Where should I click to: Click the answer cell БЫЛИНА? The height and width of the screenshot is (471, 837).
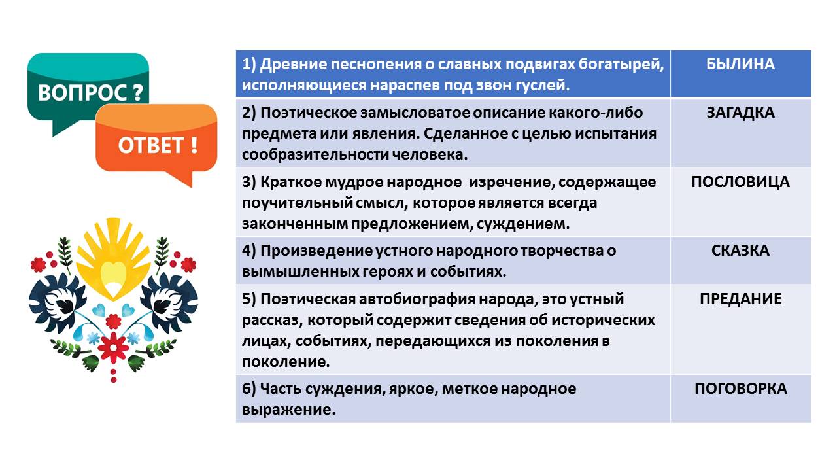(740, 64)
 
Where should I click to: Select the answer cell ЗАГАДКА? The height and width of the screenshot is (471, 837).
(740, 113)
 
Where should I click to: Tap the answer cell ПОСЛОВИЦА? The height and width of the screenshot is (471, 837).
(740, 182)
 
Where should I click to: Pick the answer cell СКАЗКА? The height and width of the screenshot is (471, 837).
(740, 251)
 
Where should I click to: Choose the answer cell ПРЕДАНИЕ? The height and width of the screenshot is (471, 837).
(740, 300)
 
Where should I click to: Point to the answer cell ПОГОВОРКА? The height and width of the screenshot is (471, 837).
(740, 389)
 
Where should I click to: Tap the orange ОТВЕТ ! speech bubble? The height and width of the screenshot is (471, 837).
(157, 144)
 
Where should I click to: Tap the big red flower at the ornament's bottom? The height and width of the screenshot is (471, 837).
(114, 345)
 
